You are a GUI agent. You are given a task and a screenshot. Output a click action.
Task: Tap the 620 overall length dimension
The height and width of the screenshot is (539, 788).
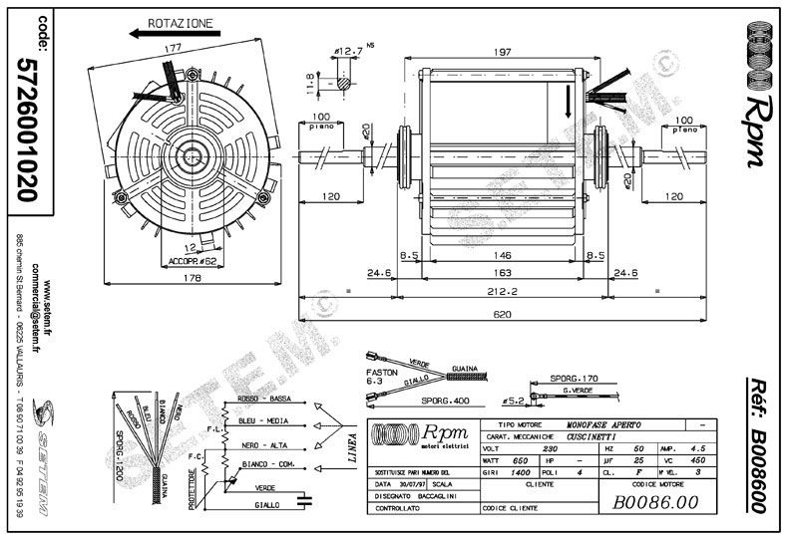[x=491, y=315]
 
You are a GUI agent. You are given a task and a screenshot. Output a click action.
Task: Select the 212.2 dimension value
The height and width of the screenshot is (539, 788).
[x=491, y=292]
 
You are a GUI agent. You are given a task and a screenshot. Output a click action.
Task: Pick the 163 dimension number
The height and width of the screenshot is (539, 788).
[x=491, y=273]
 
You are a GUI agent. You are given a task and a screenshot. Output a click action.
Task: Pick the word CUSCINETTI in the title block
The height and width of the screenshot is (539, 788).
[x=591, y=436]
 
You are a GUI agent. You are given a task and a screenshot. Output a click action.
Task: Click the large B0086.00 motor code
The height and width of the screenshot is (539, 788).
[x=658, y=503]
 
